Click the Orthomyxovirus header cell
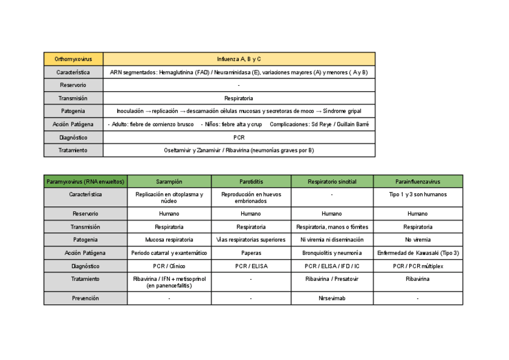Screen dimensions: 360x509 (x=73, y=59)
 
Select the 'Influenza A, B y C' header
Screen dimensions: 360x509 (x=239, y=59)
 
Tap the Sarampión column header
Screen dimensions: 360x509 (x=169, y=181)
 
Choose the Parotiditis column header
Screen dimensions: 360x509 (x=250, y=181)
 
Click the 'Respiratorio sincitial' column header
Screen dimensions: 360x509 (x=332, y=181)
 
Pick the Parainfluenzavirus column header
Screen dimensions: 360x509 (x=418, y=181)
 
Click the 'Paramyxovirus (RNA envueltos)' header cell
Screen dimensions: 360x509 (x=85, y=181)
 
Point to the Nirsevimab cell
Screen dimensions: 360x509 (x=332, y=298)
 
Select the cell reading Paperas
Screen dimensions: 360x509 (x=250, y=253)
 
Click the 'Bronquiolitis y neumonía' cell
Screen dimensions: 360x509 (x=332, y=253)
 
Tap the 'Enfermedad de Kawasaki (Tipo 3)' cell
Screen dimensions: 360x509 (x=418, y=253)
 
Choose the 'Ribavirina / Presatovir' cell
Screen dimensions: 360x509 (x=332, y=279)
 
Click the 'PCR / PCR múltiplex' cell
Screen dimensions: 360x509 (x=418, y=266)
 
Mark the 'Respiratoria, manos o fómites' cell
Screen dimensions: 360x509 (x=332, y=227)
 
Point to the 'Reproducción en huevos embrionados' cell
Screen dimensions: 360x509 (x=250, y=198)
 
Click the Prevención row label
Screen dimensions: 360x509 (x=85, y=298)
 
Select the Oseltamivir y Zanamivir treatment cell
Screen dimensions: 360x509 (x=239, y=151)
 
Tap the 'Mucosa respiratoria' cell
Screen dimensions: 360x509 (x=169, y=240)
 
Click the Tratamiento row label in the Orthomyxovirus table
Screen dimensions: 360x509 (x=73, y=151)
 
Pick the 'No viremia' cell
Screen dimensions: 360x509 (x=418, y=240)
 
